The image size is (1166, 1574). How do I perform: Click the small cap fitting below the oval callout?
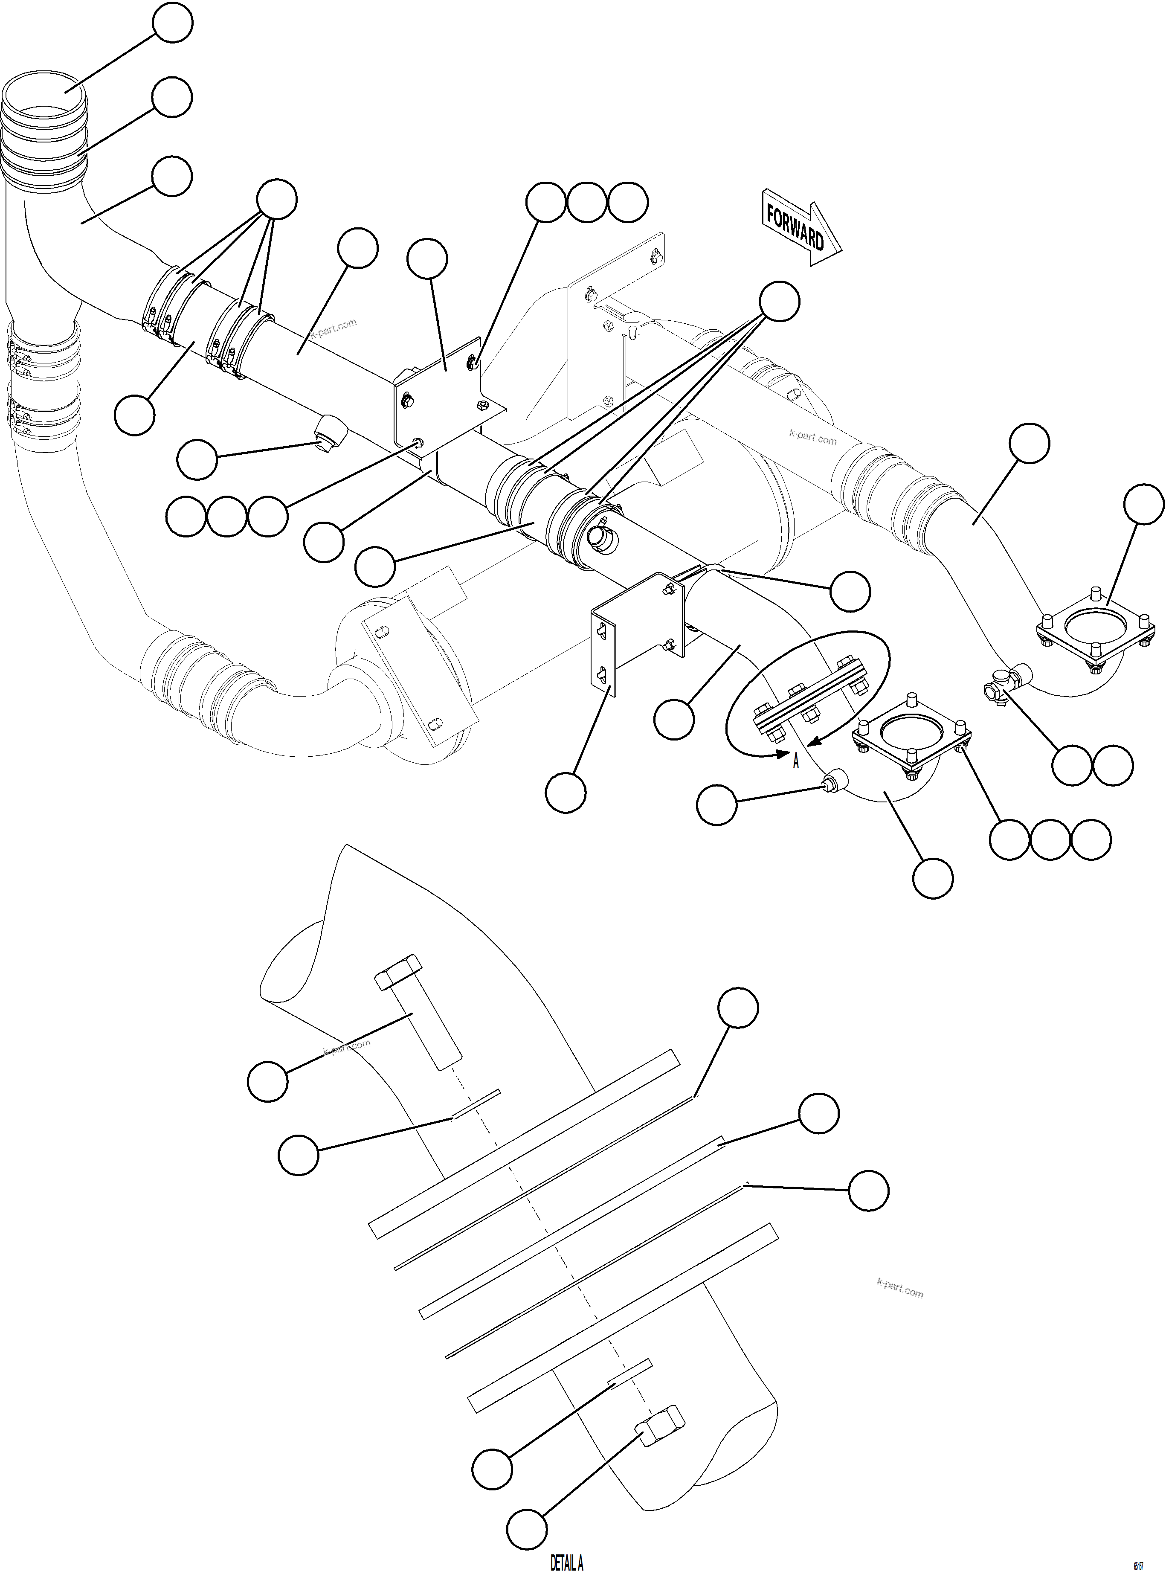pyautogui.click(x=835, y=780)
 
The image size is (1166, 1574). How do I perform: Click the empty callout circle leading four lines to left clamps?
pyautogui.click(x=276, y=200)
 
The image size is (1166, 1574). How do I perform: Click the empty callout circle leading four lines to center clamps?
pyautogui.click(x=779, y=302)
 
